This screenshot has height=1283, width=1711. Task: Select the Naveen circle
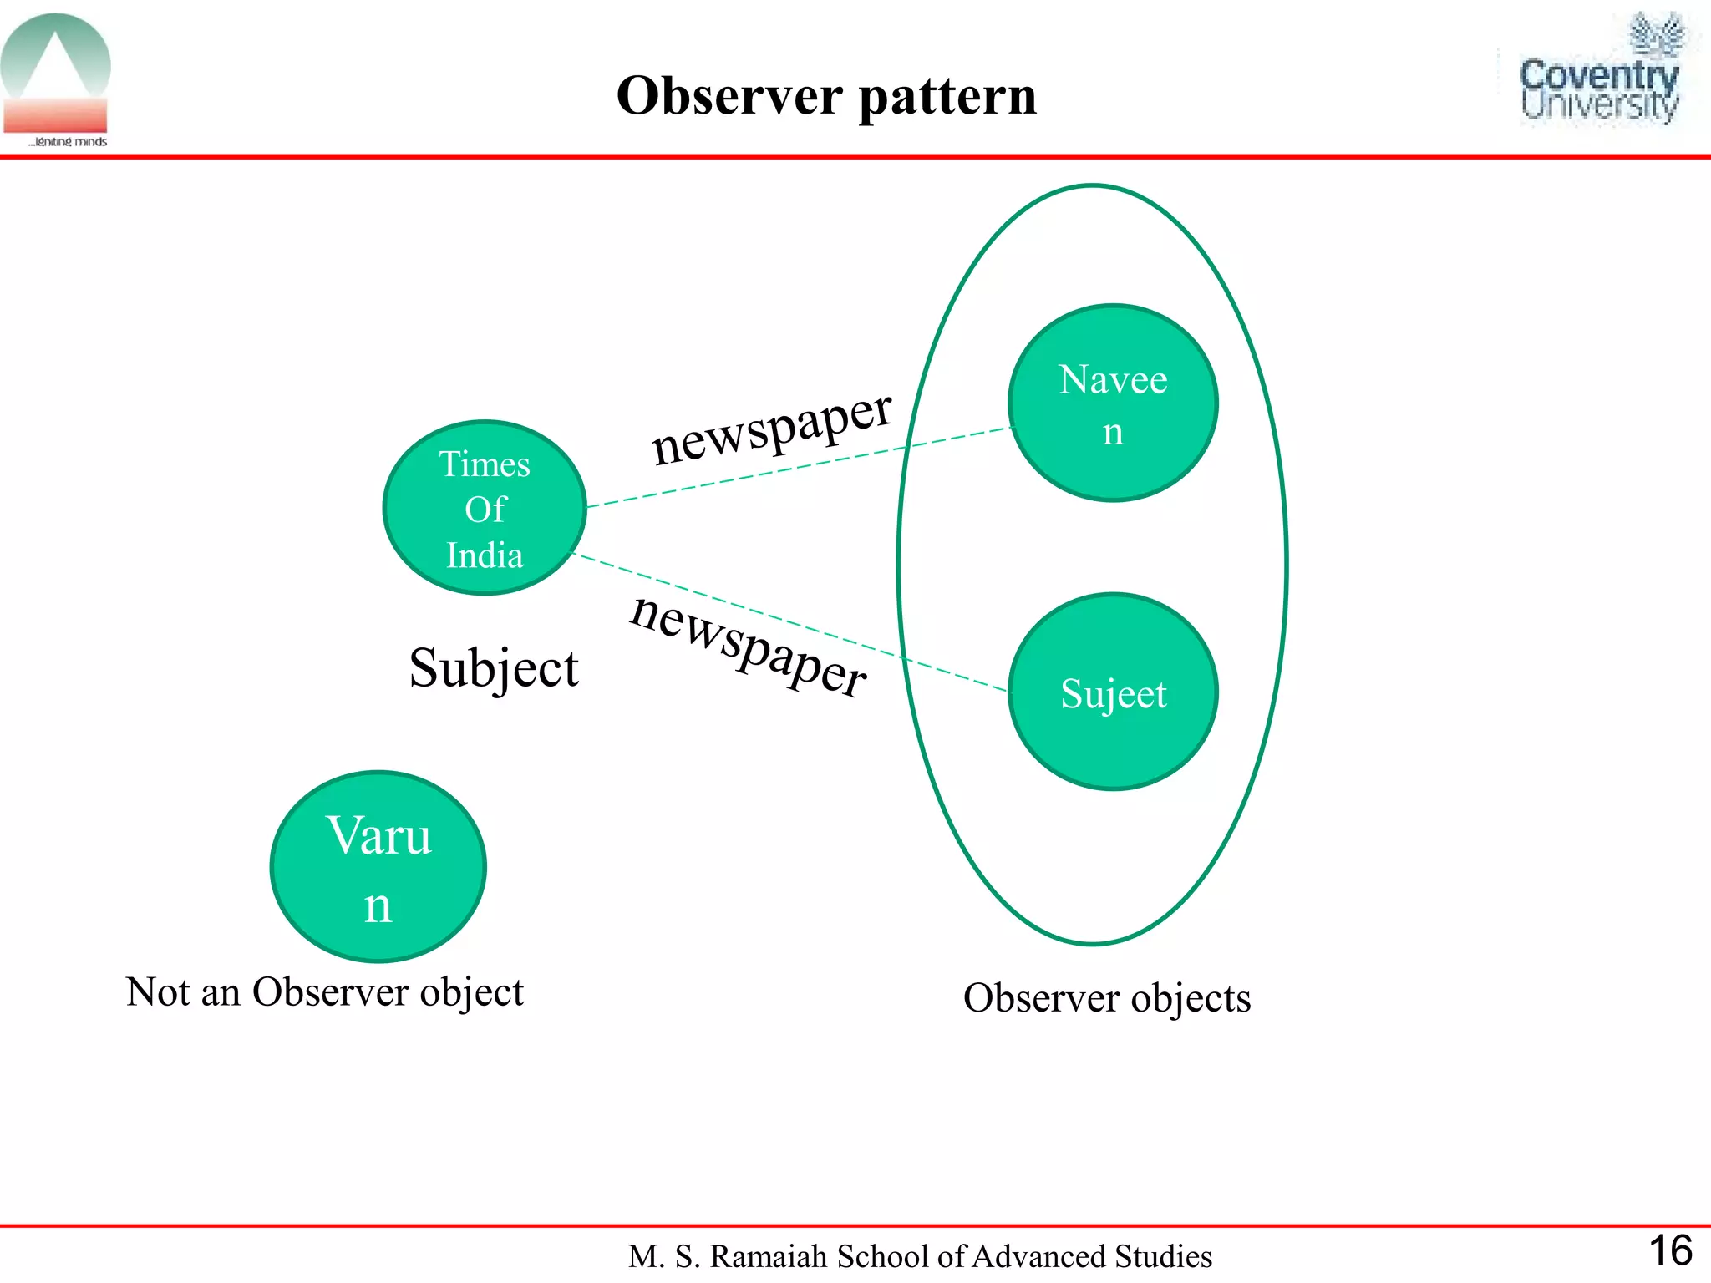(1113, 403)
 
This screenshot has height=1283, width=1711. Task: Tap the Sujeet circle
(1113, 692)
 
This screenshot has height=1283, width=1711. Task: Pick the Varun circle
(378, 866)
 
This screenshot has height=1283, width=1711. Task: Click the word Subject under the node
(493, 668)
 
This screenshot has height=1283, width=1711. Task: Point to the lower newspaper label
(749, 645)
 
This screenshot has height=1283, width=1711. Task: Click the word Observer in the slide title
(729, 95)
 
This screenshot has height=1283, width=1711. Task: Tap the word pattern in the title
(947, 97)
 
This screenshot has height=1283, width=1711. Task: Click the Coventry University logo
(1599, 72)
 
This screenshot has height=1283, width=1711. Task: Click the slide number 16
(1669, 1251)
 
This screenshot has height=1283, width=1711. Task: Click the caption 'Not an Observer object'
(324, 992)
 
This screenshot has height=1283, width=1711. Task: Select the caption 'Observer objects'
(1107, 997)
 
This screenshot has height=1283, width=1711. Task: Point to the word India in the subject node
(485, 555)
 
